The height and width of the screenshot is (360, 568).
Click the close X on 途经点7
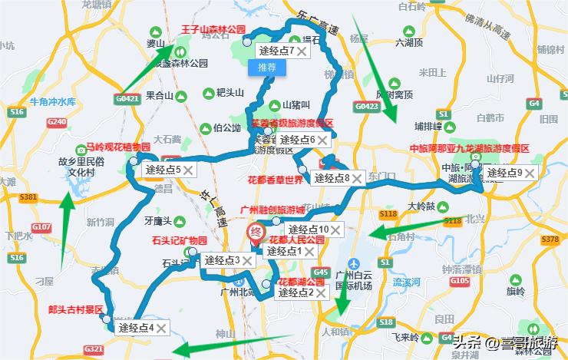click(x=302, y=51)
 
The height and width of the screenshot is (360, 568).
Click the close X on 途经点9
click(x=529, y=173)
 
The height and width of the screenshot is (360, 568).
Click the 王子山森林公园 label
click(x=212, y=30)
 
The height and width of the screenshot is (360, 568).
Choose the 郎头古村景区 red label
click(x=75, y=309)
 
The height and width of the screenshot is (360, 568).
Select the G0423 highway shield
click(x=367, y=106)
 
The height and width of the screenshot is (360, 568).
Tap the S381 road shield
click(x=29, y=197)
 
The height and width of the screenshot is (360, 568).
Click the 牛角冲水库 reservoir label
click(x=53, y=101)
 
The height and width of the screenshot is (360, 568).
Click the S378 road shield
click(x=549, y=239)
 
